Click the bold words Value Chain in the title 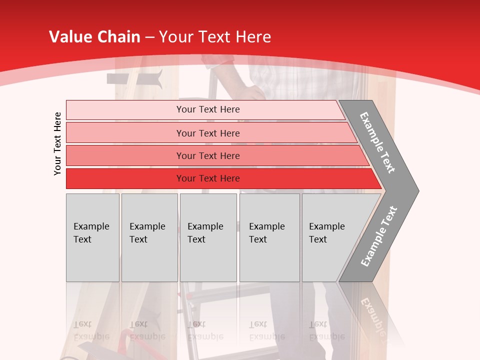click(94, 37)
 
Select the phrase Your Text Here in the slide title click(215, 37)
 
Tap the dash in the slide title click(149, 37)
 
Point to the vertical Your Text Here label click(57, 143)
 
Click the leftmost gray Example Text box click(92, 237)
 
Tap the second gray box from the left click(149, 237)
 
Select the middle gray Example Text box click(208, 237)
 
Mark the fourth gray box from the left click(269, 237)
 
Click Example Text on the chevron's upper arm click(377, 142)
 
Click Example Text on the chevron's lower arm click(379, 236)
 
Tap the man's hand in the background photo click(252, 92)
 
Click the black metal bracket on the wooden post click(135, 79)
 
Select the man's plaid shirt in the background click(280, 75)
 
